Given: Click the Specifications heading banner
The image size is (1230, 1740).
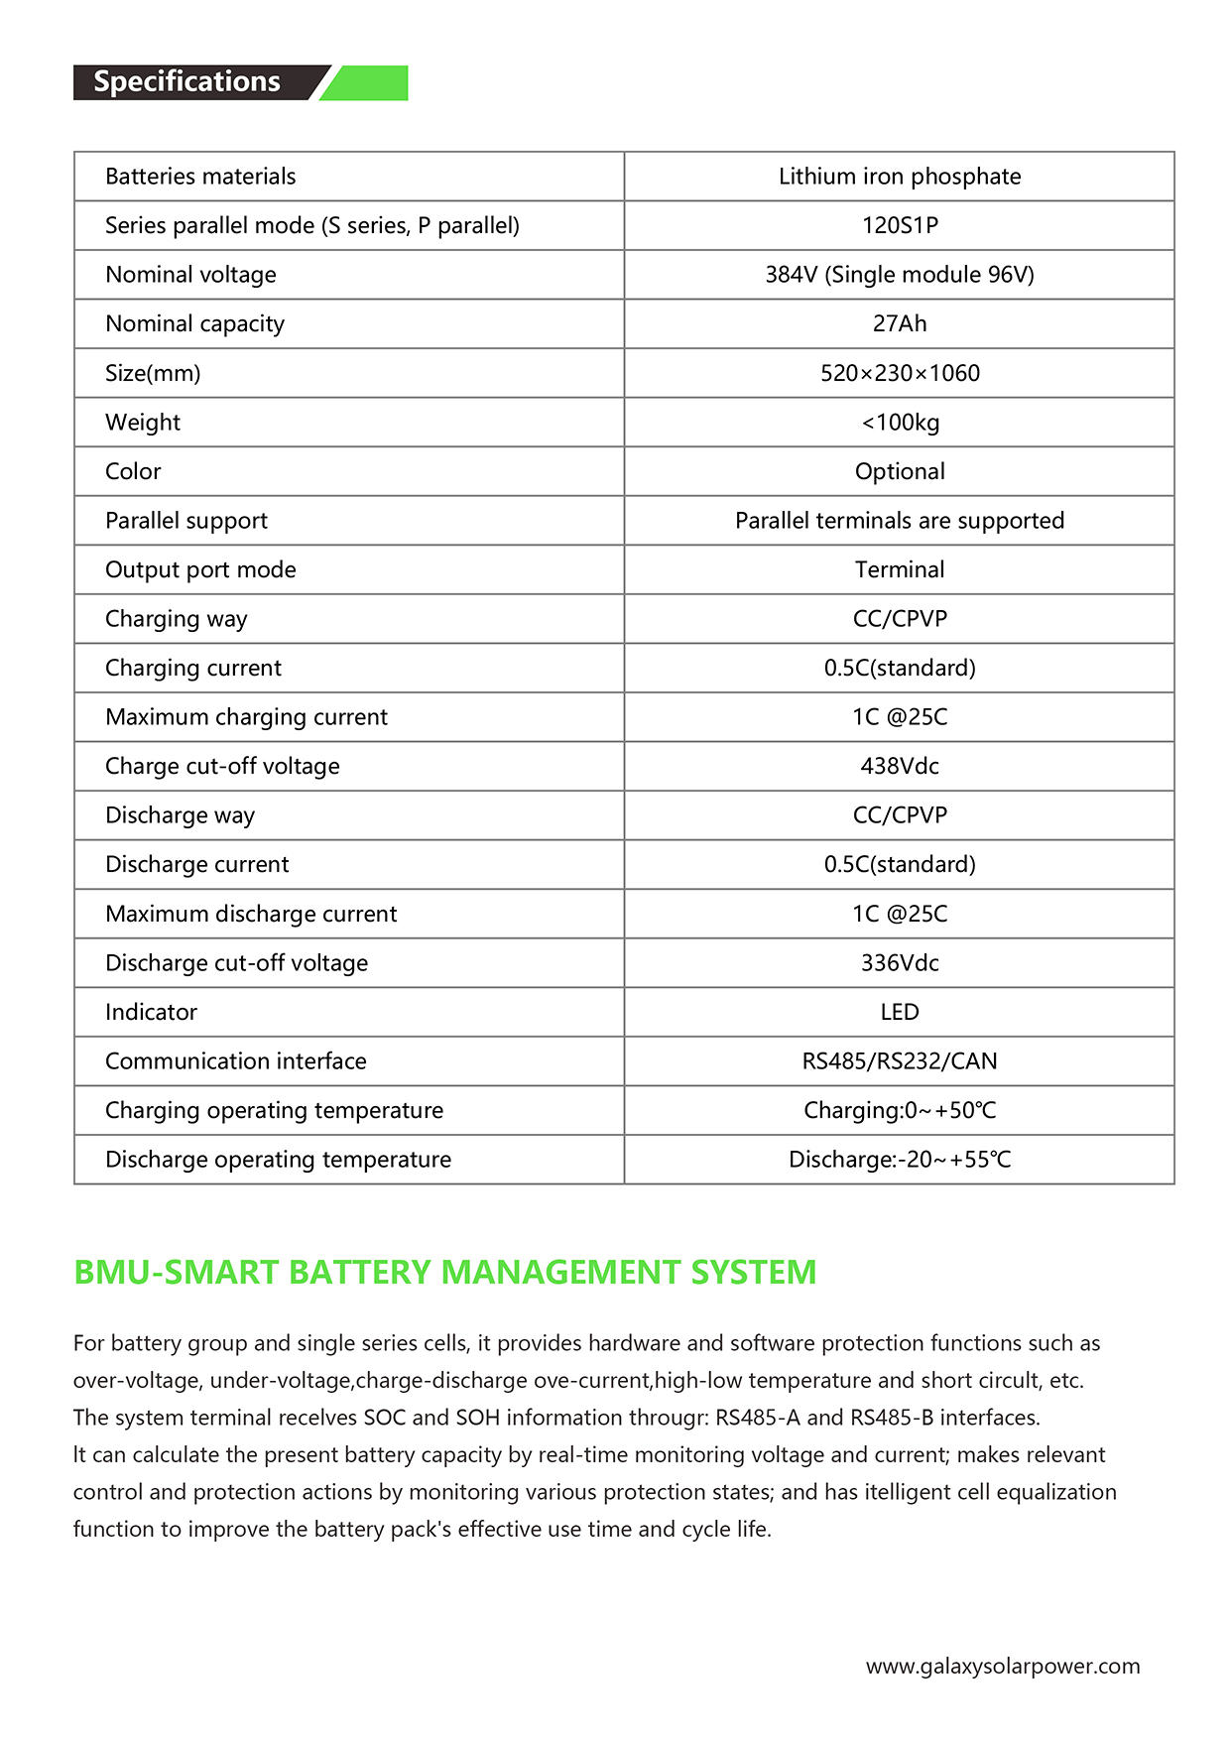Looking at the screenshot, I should pos(188,82).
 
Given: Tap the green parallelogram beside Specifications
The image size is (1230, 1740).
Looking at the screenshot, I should pos(369,83).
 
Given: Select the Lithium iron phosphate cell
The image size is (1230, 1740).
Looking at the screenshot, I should pos(899,177).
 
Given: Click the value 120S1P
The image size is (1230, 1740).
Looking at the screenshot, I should pos(899,225).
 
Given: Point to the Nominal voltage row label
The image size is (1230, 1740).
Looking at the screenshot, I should pos(190,275).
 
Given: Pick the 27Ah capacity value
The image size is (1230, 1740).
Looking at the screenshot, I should pos(899,323).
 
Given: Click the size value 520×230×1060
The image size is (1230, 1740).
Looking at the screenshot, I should pos(899,373).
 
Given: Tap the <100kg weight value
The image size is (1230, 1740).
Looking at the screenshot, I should pos(899,423).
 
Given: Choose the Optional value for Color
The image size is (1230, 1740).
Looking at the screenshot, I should pos(899,471).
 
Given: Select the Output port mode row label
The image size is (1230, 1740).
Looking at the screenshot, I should pos(200,569).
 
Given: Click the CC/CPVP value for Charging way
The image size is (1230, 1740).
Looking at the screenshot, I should pos(899,619).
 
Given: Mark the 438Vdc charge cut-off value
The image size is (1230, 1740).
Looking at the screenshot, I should pos(899,766).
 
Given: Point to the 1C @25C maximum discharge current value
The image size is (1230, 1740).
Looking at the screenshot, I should pos(899,914).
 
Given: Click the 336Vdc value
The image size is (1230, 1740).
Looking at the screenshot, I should pos(899,963).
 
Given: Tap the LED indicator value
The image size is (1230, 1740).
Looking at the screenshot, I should pos(899,1012).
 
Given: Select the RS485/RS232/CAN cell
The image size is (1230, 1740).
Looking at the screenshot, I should pos(899,1061).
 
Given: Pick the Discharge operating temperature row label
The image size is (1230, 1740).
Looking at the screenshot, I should pos(278,1160).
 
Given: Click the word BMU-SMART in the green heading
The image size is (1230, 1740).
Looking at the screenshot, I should pos(177,1272).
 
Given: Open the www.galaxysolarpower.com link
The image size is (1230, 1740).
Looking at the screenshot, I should pos(1002,1667).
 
